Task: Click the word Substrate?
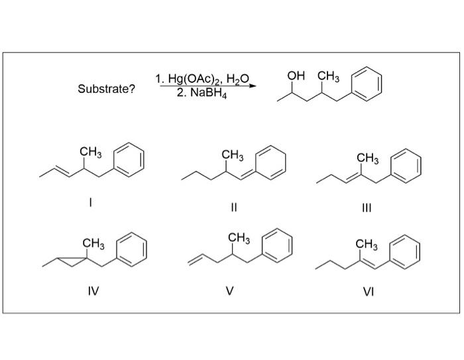click(x=106, y=89)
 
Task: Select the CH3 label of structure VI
click(x=367, y=246)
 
